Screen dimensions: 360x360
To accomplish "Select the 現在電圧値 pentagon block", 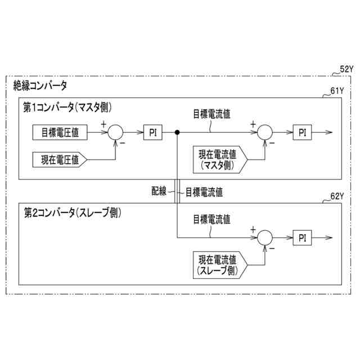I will coord(60,159).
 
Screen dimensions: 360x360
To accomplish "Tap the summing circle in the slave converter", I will coord(264,237).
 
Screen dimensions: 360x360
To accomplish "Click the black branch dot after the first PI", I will coord(177,132).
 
